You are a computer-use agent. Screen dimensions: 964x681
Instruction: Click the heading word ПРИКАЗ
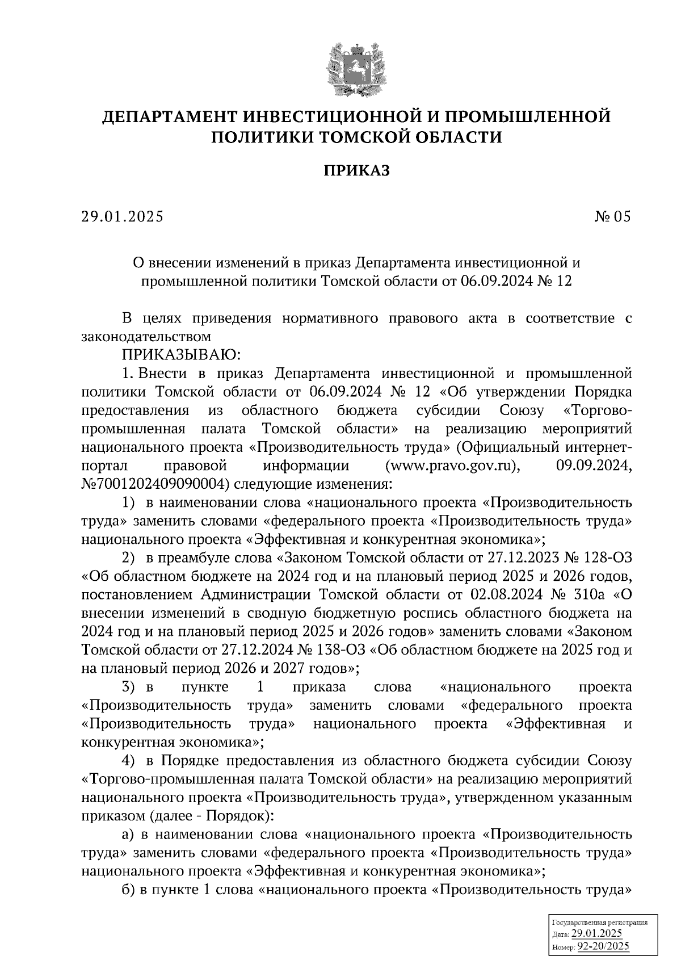(x=357, y=170)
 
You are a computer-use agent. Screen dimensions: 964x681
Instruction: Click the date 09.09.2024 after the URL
(x=591, y=466)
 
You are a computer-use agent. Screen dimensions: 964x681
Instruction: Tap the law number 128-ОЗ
(x=603, y=558)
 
